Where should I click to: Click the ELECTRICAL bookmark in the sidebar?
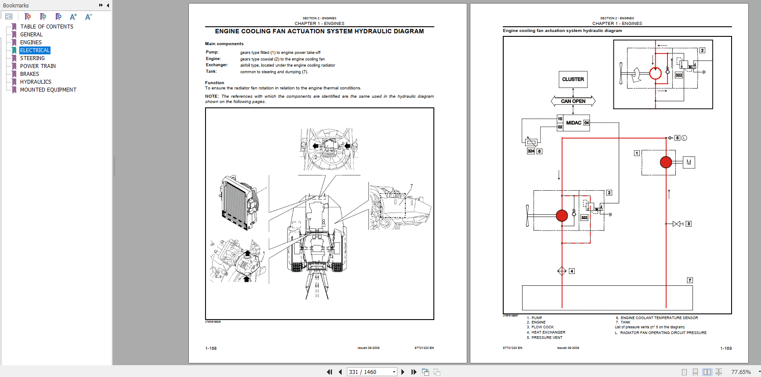pos(35,50)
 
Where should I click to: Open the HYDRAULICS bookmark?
pos(36,82)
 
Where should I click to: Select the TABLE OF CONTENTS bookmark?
pos(47,27)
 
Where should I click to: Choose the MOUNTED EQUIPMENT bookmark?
pos(48,90)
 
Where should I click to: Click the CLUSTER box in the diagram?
pos(573,79)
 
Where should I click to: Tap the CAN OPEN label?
pos(573,101)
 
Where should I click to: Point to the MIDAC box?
pos(573,123)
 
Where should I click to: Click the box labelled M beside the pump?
pos(689,163)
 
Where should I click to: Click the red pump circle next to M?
pos(666,163)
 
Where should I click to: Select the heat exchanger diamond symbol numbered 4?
pos(562,271)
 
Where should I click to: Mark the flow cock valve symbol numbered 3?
pos(677,224)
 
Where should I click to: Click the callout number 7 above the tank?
pos(690,280)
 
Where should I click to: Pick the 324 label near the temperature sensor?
pos(531,151)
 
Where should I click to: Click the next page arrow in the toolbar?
pos(403,372)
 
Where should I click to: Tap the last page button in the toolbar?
pos(414,372)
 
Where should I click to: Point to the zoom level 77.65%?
pos(741,372)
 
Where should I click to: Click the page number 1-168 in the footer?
pos(211,349)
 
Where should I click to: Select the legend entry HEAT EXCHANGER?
pos(548,332)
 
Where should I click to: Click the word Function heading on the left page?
pos(214,83)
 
